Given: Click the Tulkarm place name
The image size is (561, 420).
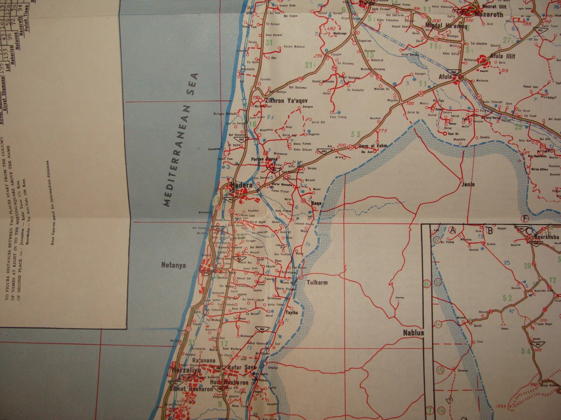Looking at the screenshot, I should (x=317, y=282).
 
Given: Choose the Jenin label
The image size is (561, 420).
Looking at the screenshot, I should (x=468, y=184).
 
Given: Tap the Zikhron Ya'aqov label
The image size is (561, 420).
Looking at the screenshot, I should (x=284, y=100).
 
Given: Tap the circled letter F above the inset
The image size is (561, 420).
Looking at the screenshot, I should (x=525, y=219).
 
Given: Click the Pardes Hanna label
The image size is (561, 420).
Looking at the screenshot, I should (x=264, y=159).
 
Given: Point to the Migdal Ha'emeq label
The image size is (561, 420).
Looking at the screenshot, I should (x=443, y=26).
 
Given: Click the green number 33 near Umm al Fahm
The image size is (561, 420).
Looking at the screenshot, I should (x=355, y=134).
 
